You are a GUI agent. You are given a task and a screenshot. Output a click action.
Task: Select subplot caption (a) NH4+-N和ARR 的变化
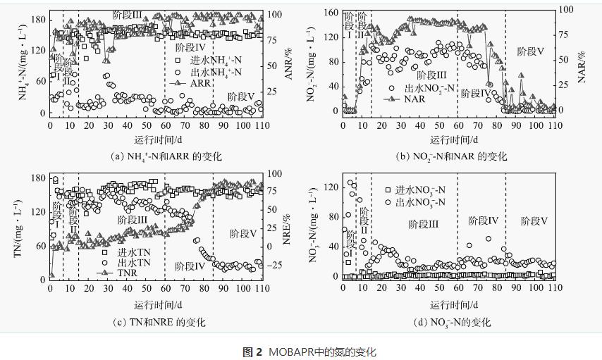pyautogui.click(x=157, y=156)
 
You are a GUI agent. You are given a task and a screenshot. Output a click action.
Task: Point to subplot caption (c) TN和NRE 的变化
pyautogui.click(x=159, y=322)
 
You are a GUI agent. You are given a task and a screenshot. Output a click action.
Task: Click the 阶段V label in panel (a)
pyautogui.click(x=241, y=96)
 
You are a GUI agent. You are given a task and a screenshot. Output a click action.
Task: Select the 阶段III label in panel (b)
pyautogui.click(x=432, y=75)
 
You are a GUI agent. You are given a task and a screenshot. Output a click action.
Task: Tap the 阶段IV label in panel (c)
pyautogui.click(x=190, y=266)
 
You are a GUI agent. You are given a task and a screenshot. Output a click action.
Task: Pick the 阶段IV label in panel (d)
pyautogui.click(x=484, y=221)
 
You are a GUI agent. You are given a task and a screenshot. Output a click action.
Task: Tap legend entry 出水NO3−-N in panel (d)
pyautogui.click(x=418, y=202)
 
